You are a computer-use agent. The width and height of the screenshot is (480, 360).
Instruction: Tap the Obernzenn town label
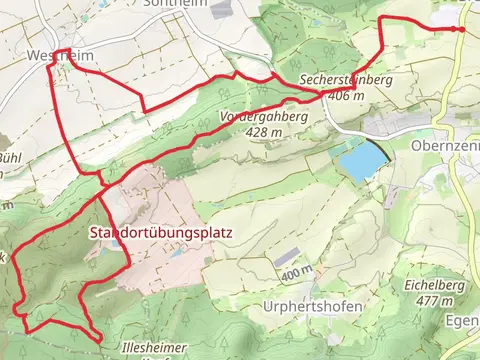446,145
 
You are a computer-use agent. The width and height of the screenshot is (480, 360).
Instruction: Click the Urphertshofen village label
311,304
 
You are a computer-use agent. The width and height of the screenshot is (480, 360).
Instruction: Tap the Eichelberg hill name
431,285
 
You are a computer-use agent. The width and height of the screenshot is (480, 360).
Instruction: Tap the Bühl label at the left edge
9,158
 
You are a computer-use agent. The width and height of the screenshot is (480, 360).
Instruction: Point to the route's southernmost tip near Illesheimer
97,340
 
